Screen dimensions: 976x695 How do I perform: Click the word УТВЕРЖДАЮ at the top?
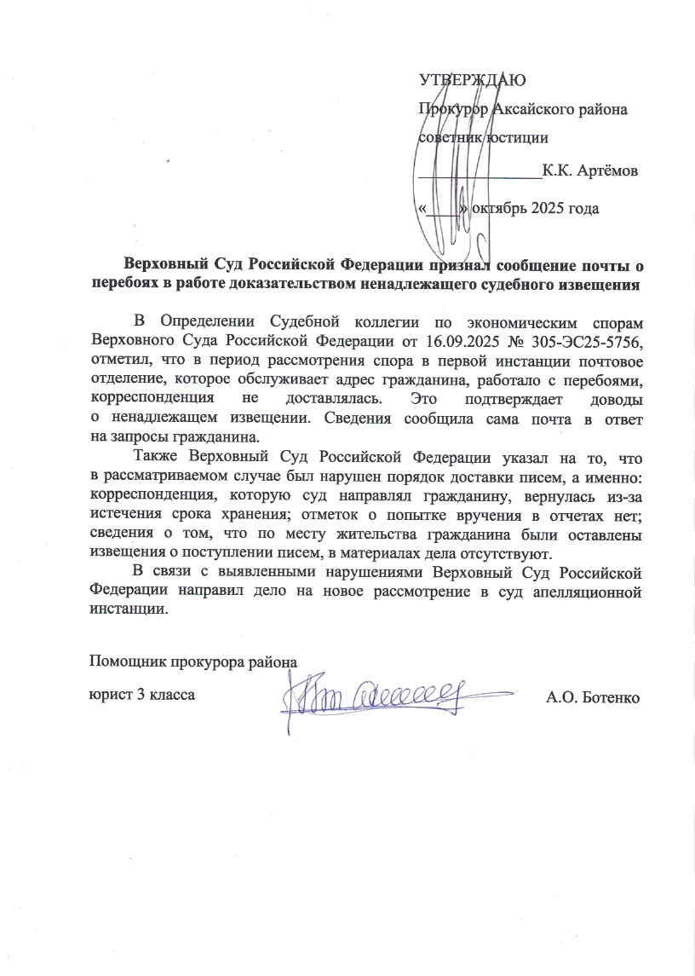point(473,81)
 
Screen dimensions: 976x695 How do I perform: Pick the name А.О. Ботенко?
point(592,697)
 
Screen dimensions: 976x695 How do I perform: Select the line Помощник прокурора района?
point(194,662)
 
